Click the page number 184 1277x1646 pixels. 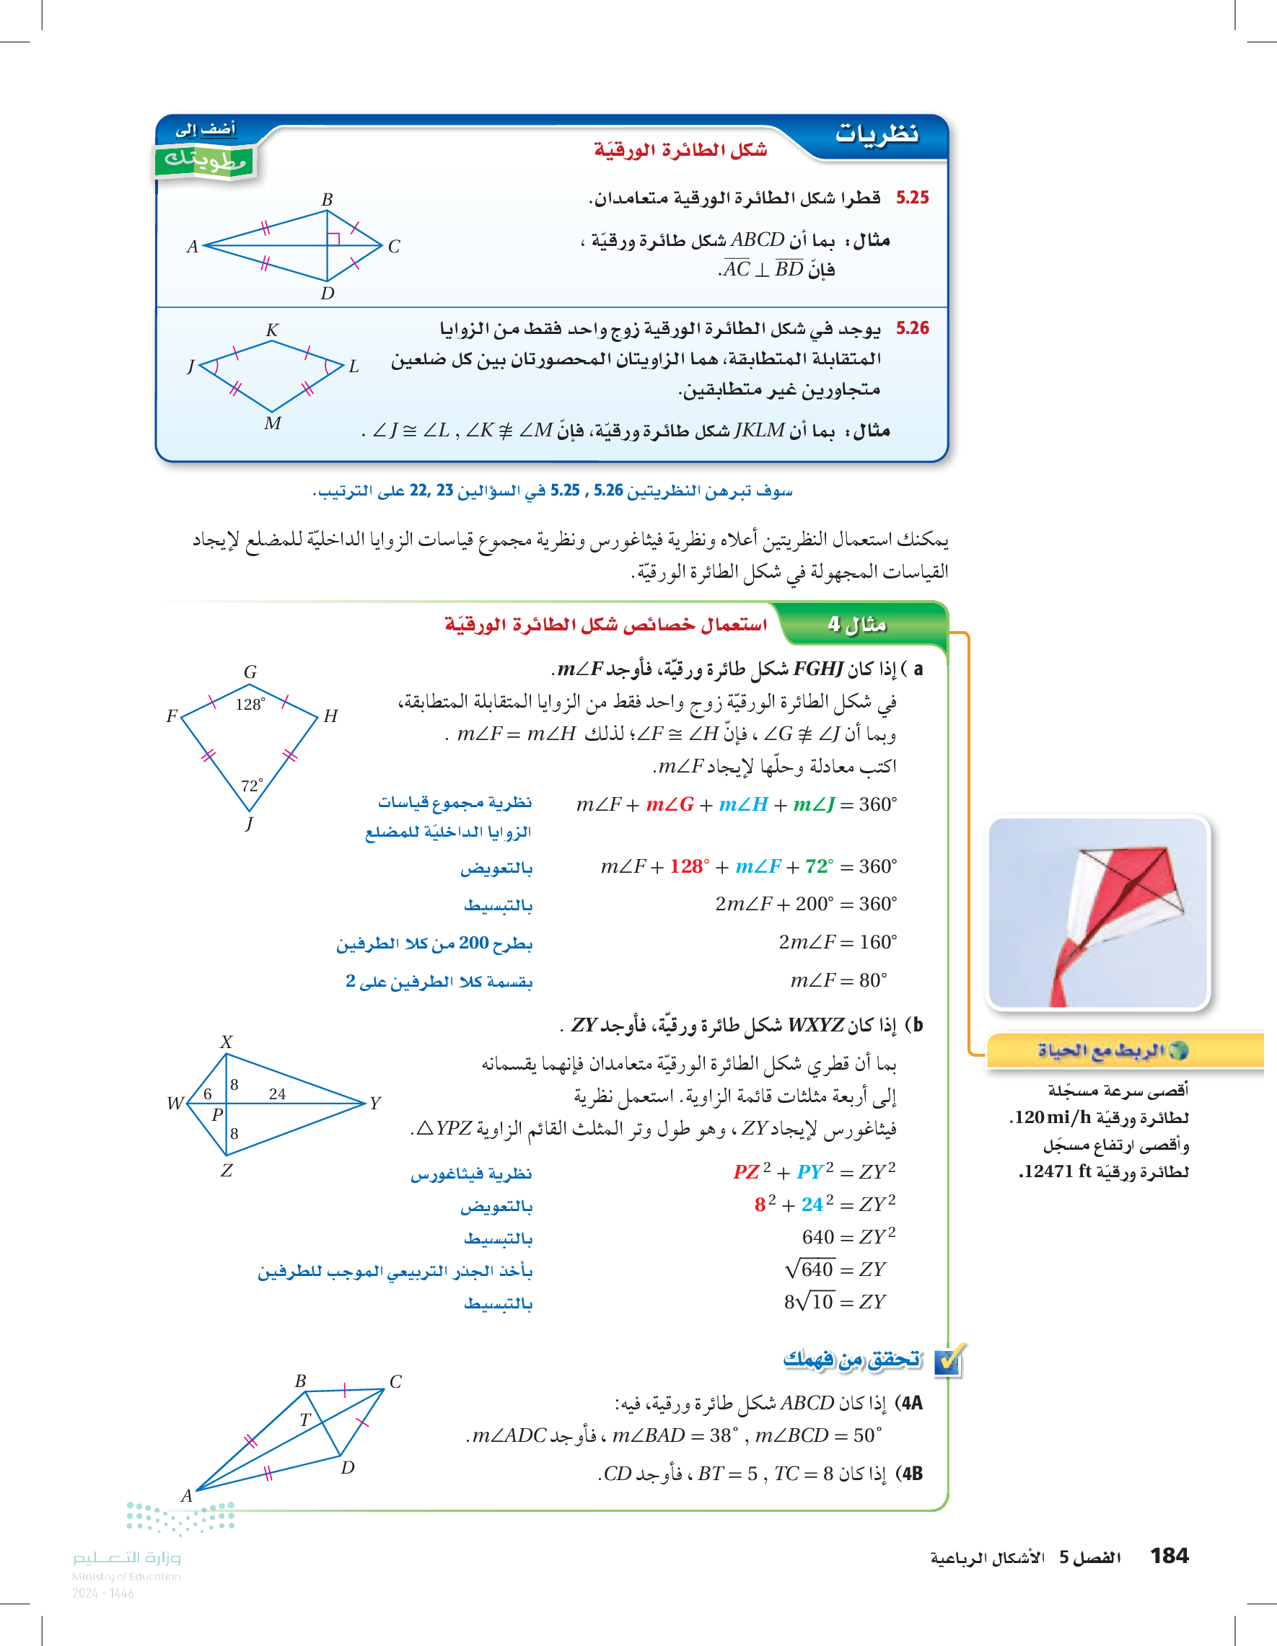point(1169,1556)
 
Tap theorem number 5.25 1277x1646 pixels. point(912,198)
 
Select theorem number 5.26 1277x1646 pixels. point(912,328)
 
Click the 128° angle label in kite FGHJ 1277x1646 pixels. point(250,705)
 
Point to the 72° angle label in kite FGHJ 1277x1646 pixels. point(252,785)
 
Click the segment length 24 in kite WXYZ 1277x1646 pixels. point(278,1094)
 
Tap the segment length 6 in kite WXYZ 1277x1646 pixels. point(208,1094)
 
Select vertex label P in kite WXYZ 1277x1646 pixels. point(217,1114)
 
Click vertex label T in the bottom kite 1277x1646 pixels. point(305,1420)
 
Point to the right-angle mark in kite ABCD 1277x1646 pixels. point(334,238)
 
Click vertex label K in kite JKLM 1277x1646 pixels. point(272,330)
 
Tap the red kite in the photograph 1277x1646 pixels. point(1123,897)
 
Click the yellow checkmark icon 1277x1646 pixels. point(948,1361)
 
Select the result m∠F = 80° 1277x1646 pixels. point(838,980)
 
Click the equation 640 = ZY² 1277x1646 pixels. point(848,1237)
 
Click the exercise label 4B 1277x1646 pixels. point(910,1474)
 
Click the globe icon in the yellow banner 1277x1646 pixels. point(1178,1050)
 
